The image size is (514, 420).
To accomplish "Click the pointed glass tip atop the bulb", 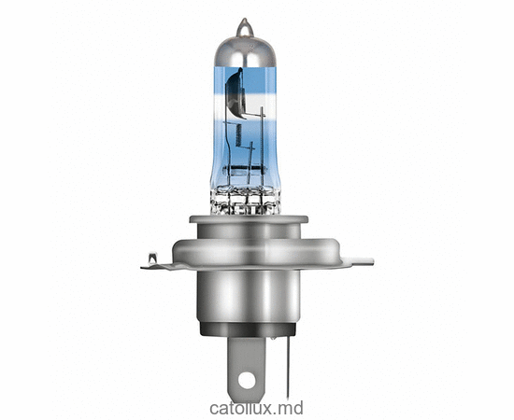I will (x=244, y=25).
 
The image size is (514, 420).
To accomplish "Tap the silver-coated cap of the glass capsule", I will (x=245, y=51).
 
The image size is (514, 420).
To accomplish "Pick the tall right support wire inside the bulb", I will (x=261, y=140).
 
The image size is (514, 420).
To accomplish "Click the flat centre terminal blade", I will (x=246, y=359).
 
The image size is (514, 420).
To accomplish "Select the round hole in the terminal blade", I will (x=245, y=380).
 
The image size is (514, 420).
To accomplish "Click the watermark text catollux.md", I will (x=257, y=407).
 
